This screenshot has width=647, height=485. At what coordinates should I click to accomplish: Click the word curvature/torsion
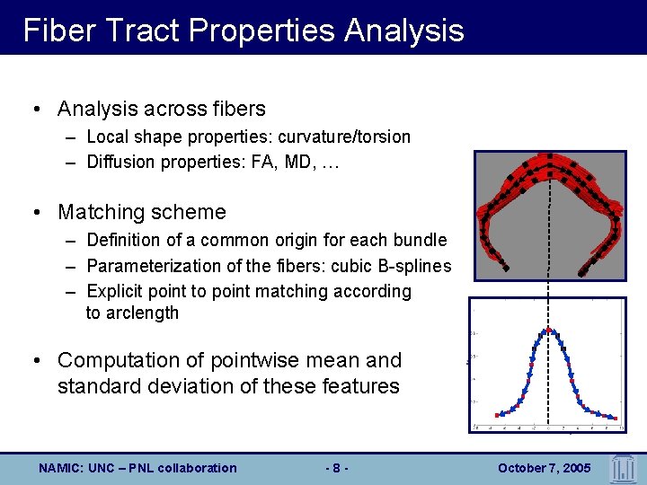[x=344, y=137]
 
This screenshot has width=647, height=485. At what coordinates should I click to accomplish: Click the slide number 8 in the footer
[x=335, y=468]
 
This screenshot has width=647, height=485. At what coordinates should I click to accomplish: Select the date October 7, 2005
[x=543, y=468]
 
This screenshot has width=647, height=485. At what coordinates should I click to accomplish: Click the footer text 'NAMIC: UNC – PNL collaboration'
[x=137, y=468]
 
